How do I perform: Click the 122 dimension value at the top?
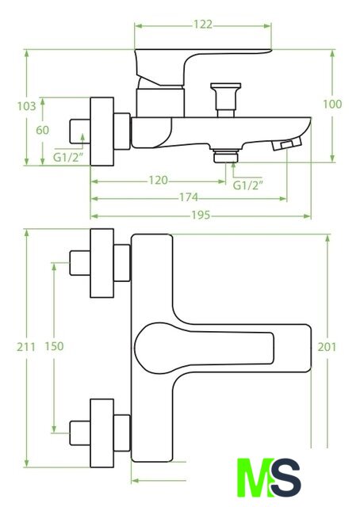pyautogui.click(x=203, y=25)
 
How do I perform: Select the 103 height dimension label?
pyautogui.click(x=26, y=106)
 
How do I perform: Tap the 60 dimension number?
pyautogui.click(x=42, y=130)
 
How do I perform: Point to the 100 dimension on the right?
pyautogui.click(x=332, y=104)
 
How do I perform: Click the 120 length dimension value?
pyautogui.click(x=159, y=180)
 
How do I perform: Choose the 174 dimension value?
pyautogui.click(x=189, y=197)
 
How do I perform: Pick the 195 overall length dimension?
pyautogui.click(x=201, y=215)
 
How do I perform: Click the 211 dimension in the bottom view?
pyautogui.click(x=26, y=347)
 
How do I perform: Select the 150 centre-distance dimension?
pyautogui.click(x=54, y=346)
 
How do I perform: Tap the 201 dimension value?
pyautogui.click(x=327, y=347)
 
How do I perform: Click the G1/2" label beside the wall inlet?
pyautogui.click(x=68, y=157)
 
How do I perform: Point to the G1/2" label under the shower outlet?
pyautogui.click(x=248, y=185)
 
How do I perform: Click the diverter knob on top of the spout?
pyautogui.click(x=226, y=100)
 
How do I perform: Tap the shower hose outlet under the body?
pyautogui.click(x=226, y=155)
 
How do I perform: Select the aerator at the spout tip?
pyautogui.click(x=287, y=143)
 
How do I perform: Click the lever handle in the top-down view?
pyautogui.click(x=204, y=349)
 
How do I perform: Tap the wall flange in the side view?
pyautogui.click(x=102, y=132)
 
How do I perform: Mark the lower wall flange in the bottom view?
pyautogui.click(x=102, y=433)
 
